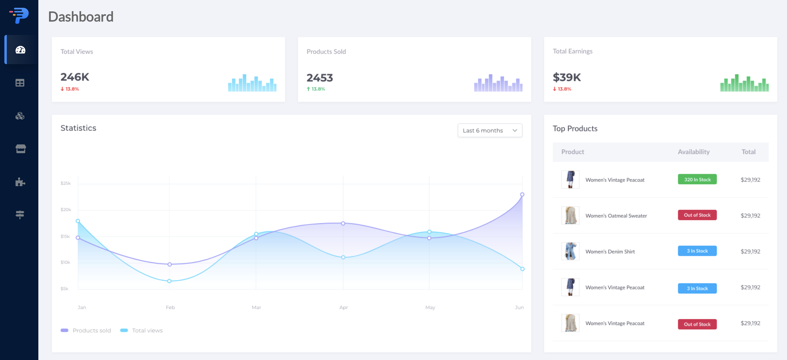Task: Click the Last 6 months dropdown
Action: point(489,130)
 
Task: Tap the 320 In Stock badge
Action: point(697,179)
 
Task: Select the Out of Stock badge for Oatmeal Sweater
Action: point(697,215)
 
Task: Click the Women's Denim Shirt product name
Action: point(610,251)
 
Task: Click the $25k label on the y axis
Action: point(65,183)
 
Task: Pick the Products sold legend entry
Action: point(86,330)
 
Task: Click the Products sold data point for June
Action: point(522,195)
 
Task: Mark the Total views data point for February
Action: point(169,281)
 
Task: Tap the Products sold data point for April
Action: point(343,223)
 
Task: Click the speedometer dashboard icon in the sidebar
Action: point(20,50)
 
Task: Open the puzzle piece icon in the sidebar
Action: point(20,182)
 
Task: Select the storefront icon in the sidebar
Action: point(20,149)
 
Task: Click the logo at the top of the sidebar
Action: point(19,15)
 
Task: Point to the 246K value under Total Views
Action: point(75,77)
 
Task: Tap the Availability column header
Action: point(694,152)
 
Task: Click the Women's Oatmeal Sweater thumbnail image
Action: point(570,215)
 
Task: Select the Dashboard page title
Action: point(81,17)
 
